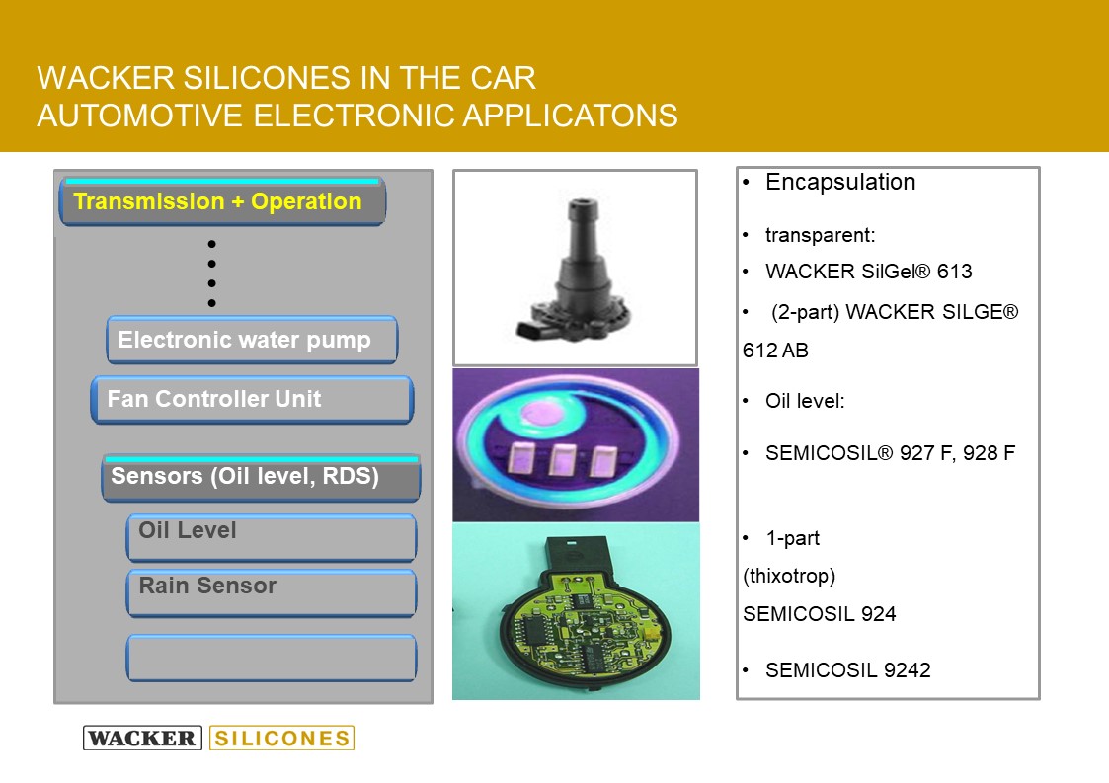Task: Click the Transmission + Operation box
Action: pyautogui.click(x=223, y=201)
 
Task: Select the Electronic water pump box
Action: pyautogui.click(x=253, y=341)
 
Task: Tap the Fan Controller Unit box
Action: pyautogui.click(x=253, y=400)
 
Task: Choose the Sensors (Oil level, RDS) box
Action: pyautogui.click(x=262, y=478)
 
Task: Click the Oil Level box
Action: pyautogui.click(x=272, y=537)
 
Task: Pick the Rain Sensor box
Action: pyautogui.click(x=272, y=592)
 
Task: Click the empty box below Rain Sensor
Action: pyautogui.click(x=272, y=658)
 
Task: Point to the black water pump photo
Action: pyautogui.click(x=575, y=268)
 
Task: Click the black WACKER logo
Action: pyautogui.click(x=143, y=738)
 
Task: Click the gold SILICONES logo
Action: pyautogui.click(x=282, y=738)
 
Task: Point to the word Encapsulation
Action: pyautogui.click(x=840, y=182)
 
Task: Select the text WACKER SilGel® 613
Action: pyautogui.click(x=868, y=271)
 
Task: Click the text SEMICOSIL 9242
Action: pyautogui.click(x=848, y=669)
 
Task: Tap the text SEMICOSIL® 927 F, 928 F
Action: pyautogui.click(x=891, y=452)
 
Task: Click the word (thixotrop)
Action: pyautogui.click(x=789, y=576)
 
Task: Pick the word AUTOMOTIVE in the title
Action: pyautogui.click(x=140, y=116)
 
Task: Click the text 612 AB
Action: pyautogui.click(x=775, y=351)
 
